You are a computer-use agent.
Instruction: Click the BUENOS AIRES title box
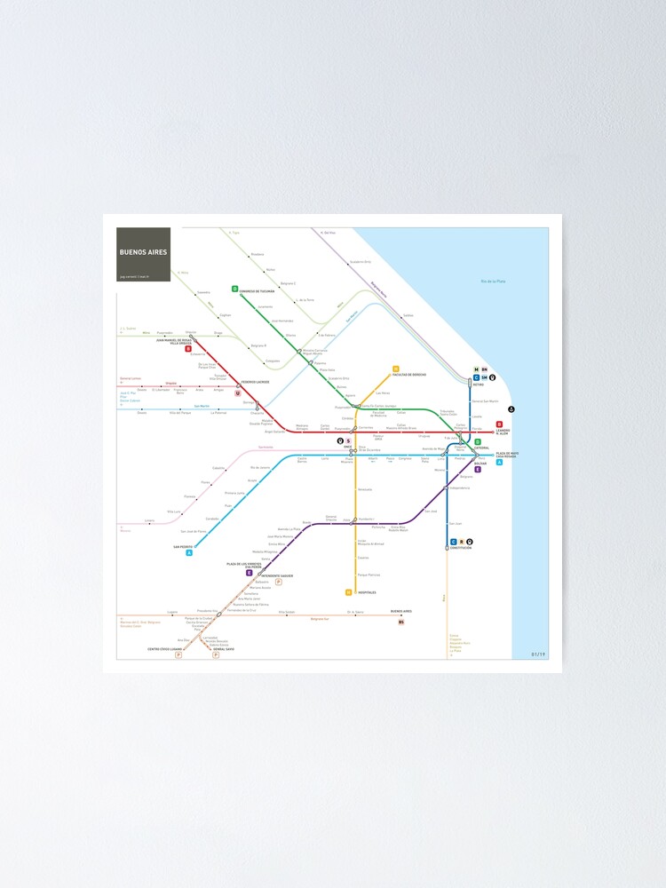(x=143, y=254)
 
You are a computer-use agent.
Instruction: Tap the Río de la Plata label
(x=492, y=281)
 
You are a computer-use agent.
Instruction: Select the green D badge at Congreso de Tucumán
(x=235, y=289)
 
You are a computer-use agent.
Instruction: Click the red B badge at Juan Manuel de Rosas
(x=188, y=349)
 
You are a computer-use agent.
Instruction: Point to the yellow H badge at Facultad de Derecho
(x=396, y=369)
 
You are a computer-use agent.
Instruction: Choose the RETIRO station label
(x=478, y=385)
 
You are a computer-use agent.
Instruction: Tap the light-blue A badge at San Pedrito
(x=189, y=552)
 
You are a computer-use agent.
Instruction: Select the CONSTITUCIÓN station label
(x=459, y=548)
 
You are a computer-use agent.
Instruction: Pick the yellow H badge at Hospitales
(x=349, y=592)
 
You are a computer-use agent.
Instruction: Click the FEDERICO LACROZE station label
(x=255, y=382)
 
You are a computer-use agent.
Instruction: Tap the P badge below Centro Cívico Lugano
(x=178, y=654)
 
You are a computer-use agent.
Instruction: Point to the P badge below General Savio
(x=216, y=654)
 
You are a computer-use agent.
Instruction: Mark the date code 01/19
(x=538, y=654)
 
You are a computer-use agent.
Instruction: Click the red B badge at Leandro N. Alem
(x=499, y=424)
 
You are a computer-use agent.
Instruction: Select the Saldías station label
(x=408, y=315)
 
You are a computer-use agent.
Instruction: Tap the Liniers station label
(x=149, y=521)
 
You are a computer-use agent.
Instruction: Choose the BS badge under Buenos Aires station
(x=401, y=622)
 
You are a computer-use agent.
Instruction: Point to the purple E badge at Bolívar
(x=478, y=469)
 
